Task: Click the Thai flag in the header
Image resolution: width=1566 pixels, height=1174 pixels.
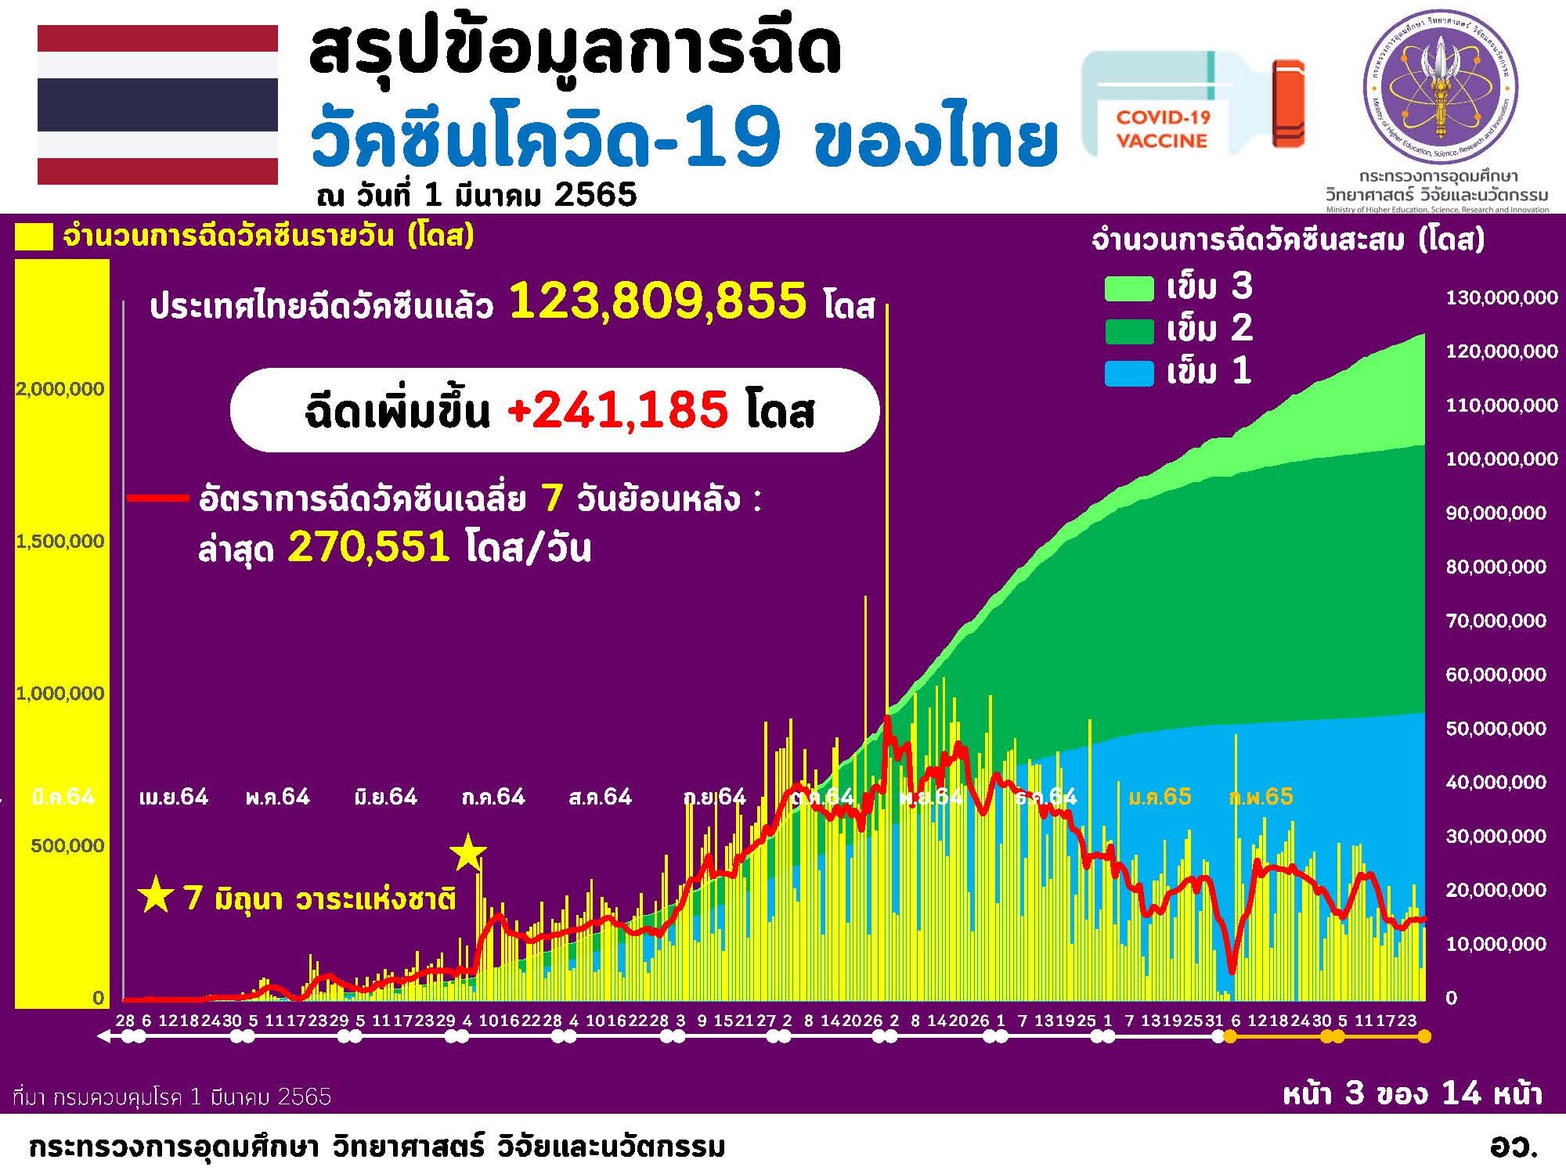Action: [x=157, y=104]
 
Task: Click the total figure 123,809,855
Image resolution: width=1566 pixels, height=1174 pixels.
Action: [x=658, y=301]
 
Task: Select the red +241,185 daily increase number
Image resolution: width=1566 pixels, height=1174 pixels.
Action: [x=618, y=409]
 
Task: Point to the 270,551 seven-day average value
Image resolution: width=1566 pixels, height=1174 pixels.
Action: [x=369, y=546]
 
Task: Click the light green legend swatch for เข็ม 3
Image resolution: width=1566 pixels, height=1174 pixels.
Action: [x=1128, y=289]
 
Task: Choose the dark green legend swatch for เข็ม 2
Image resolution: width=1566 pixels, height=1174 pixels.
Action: [x=1128, y=331]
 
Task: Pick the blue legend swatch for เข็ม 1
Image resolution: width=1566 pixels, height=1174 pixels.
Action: [x=1128, y=373]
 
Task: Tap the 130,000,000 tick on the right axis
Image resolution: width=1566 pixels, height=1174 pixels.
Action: [x=1501, y=298]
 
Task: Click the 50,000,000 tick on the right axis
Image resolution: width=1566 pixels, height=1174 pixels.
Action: [x=1496, y=729]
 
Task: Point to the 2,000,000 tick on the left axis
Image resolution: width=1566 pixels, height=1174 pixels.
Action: [x=60, y=389]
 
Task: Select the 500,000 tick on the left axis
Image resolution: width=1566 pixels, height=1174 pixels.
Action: [x=67, y=845]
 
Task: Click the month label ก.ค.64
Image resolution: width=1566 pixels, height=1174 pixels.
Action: [x=493, y=798]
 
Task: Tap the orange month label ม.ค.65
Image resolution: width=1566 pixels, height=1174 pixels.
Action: [x=1160, y=798]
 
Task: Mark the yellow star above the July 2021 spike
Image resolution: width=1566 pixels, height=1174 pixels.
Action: [x=468, y=853]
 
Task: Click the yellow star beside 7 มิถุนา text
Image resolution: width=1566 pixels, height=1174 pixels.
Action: [x=155, y=895]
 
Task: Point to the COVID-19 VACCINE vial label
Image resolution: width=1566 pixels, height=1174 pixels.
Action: [x=1163, y=128]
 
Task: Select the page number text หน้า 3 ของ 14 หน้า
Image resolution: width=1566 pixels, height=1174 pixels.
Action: [x=1412, y=1093]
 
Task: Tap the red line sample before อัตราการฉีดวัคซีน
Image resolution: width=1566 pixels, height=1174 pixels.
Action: [x=157, y=498]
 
